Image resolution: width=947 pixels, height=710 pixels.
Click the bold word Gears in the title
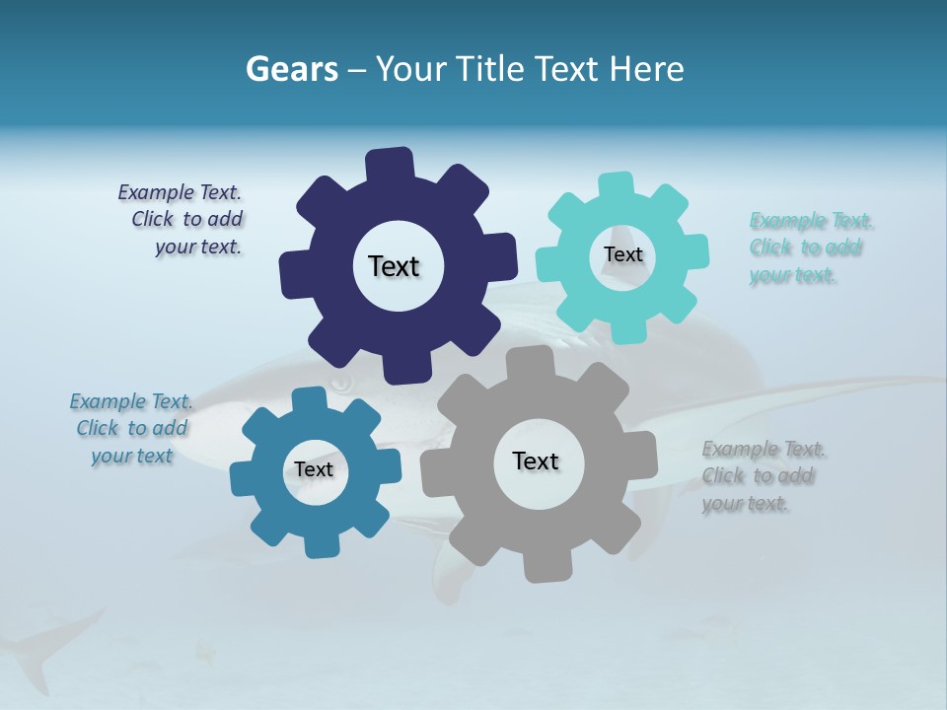(291, 69)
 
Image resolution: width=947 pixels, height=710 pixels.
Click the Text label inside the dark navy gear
(394, 266)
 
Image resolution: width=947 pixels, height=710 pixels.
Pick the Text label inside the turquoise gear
(622, 254)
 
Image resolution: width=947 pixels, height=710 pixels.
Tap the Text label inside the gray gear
(536, 461)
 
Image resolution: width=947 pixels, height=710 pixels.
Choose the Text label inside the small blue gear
(314, 469)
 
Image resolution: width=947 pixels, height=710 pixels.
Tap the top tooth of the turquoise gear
(617, 186)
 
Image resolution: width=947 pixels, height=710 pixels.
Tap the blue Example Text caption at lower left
(131, 429)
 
